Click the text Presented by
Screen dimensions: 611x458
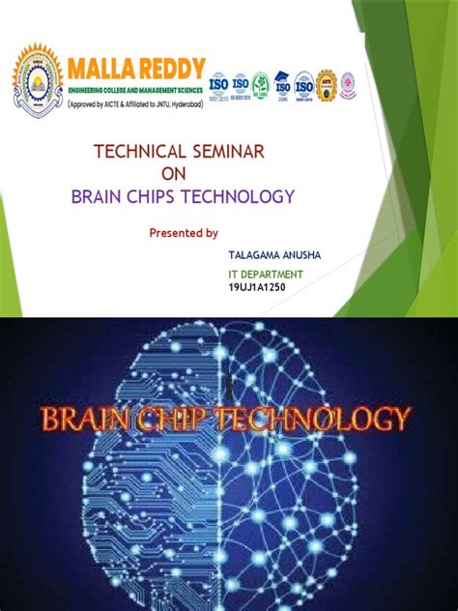pyautogui.click(x=184, y=233)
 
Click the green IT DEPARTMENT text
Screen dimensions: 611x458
pyautogui.click(x=266, y=275)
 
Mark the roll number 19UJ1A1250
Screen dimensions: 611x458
pyautogui.click(x=257, y=287)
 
